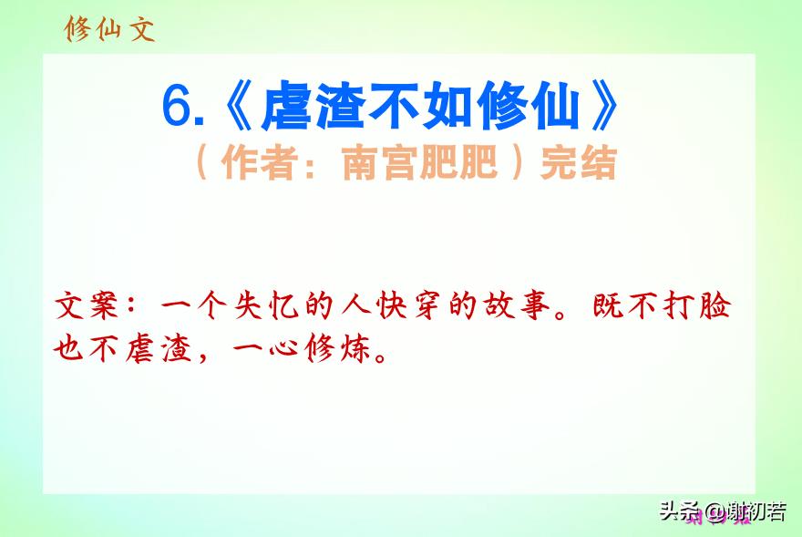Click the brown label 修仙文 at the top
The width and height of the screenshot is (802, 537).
[x=109, y=28]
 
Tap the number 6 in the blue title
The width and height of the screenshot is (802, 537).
[x=177, y=106]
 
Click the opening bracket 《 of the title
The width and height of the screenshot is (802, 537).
[x=239, y=106]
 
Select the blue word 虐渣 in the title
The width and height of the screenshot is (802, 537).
[x=313, y=106]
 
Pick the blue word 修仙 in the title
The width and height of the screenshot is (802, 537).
[x=529, y=106]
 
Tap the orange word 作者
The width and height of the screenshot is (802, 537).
[x=260, y=163]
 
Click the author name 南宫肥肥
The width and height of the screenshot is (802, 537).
[x=419, y=163]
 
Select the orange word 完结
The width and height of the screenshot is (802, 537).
[x=579, y=163]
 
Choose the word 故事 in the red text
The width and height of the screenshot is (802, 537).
[x=517, y=305]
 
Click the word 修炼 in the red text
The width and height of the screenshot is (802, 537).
[x=337, y=348]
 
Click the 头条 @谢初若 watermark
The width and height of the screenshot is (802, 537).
[x=723, y=511]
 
